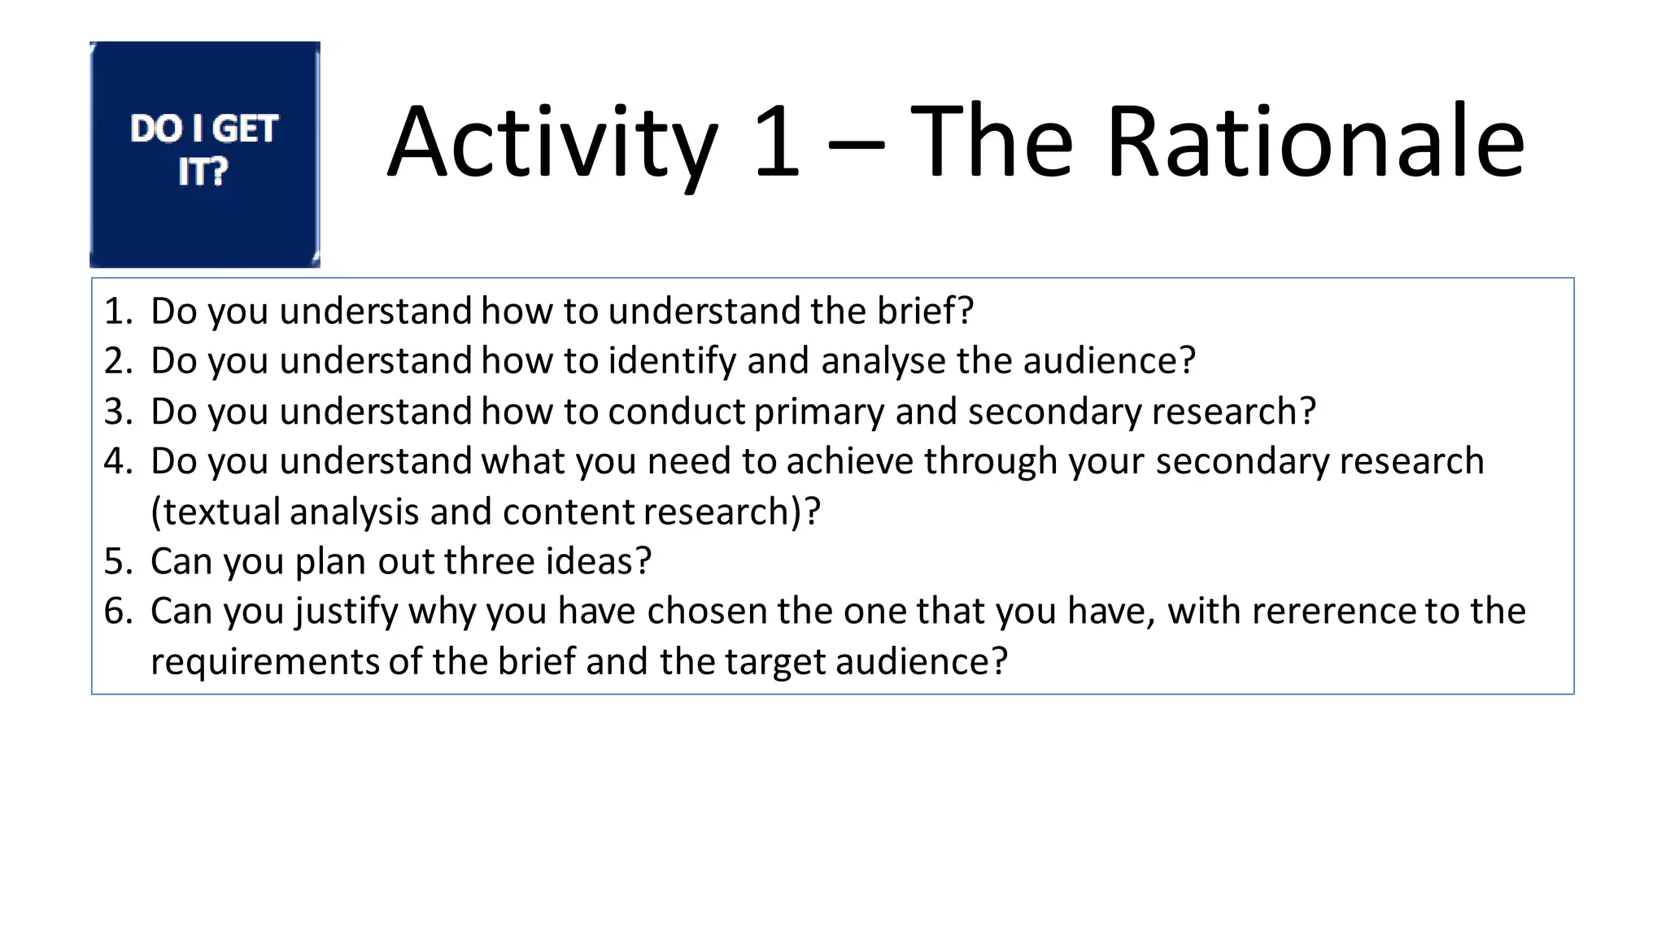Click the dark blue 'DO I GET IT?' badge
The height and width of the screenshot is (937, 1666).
tap(205, 155)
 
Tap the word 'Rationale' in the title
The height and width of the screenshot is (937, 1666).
tap(1315, 142)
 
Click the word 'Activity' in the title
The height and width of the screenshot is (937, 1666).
tap(552, 143)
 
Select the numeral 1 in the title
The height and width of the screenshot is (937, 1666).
tap(776, 142)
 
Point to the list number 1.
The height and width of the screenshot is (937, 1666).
tap(118, 311)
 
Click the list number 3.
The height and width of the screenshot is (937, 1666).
tap(118, 412)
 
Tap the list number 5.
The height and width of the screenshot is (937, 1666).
tap(118, 561)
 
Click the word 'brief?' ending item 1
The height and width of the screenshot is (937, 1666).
tap(925, 311)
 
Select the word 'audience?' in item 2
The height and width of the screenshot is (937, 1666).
tap(1110, 361)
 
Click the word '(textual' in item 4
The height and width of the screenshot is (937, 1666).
tap(216, 512)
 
